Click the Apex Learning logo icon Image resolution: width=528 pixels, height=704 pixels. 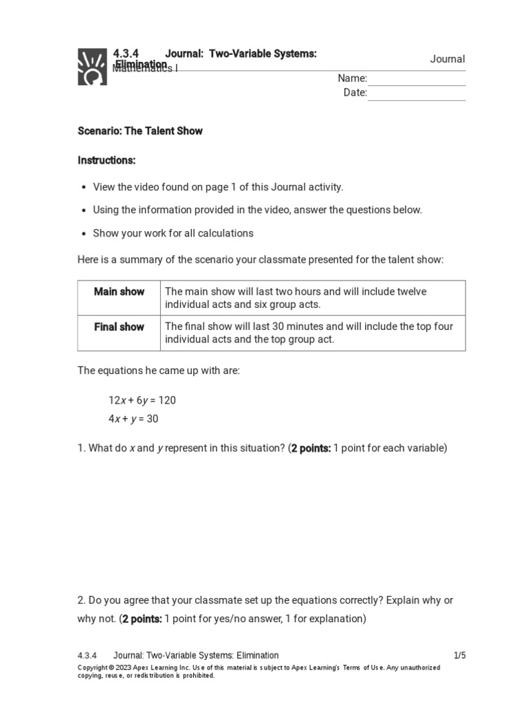click(x=92, y=66)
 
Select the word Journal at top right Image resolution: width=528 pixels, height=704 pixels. click(x=448, y=59)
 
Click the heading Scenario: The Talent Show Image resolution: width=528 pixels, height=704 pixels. click(x=140, y=131)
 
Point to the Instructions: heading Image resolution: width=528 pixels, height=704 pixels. click(x=107, y=160)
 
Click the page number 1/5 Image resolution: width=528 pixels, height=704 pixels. click(x=459, y=655)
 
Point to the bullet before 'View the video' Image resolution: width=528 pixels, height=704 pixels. click(x=84, y=187)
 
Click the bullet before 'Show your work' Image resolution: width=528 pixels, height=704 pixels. click(x=84, y=234)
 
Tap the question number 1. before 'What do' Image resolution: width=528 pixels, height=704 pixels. click(x=81, y=448)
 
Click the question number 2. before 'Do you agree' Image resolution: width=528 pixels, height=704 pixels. click(x=81, y=600)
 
